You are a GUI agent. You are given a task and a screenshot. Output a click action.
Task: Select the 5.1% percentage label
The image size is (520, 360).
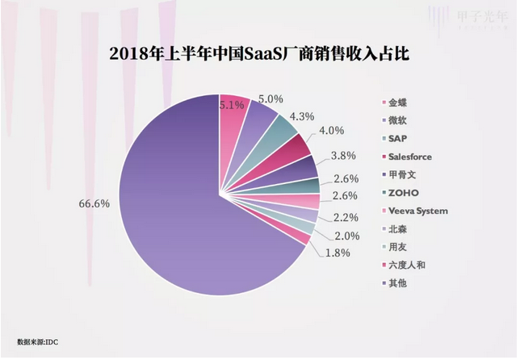coord(232,104)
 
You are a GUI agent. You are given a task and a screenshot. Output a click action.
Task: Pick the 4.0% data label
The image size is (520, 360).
coord(331,131)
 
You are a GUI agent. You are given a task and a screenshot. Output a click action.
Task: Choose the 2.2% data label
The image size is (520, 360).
coord(346,216)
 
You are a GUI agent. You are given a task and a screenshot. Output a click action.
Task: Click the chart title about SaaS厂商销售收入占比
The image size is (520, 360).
coord(259,54)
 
